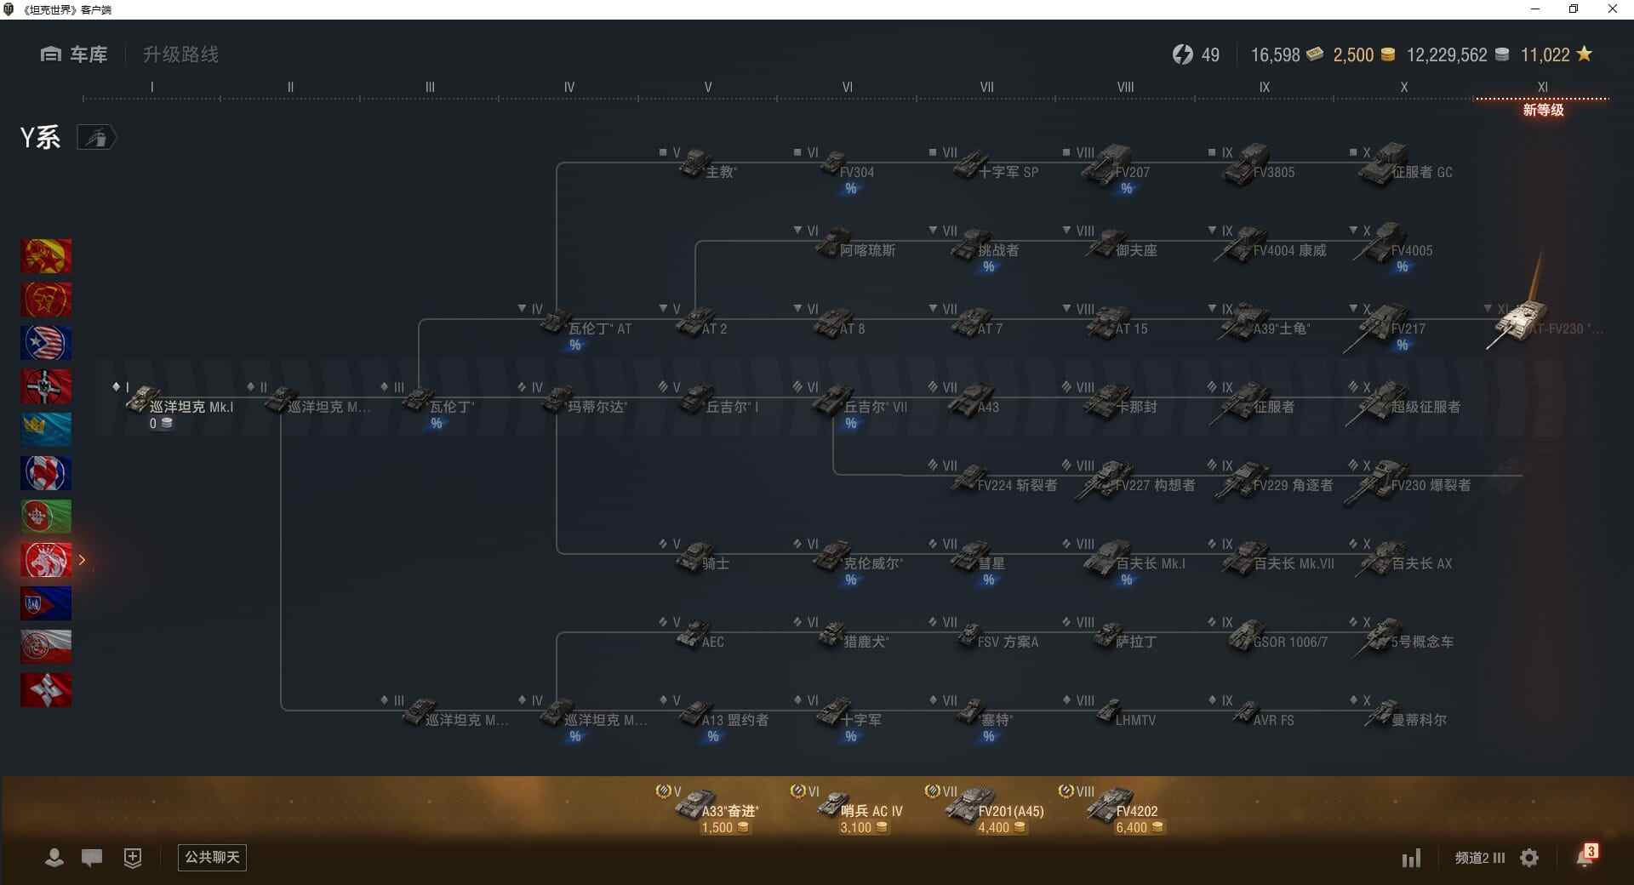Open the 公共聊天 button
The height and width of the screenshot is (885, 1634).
point(212,857)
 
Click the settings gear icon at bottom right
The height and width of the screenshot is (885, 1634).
point(1529,858)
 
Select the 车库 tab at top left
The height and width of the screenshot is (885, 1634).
point(75,54)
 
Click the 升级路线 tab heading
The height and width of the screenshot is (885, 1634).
point(180,54)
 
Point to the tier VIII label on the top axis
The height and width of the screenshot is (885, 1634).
point(1125,87)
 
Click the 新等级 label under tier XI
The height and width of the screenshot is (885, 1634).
point(1543,110)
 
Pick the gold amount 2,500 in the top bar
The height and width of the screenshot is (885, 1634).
point(1353,55)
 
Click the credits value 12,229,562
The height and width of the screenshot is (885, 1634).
point(1447,55)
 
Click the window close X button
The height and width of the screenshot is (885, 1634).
point(1612,9)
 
